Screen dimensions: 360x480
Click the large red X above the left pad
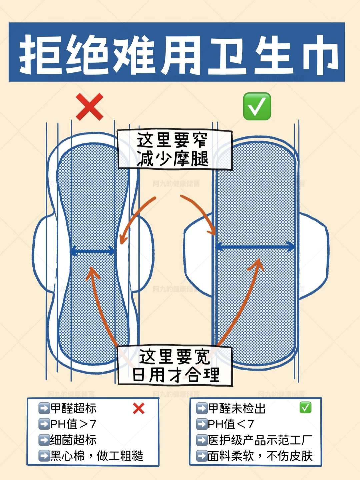click(90, 107)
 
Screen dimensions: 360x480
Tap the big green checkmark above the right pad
click(257, 106)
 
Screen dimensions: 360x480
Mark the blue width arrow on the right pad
click(255, 247)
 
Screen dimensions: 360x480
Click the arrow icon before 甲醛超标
click(44, 408)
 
